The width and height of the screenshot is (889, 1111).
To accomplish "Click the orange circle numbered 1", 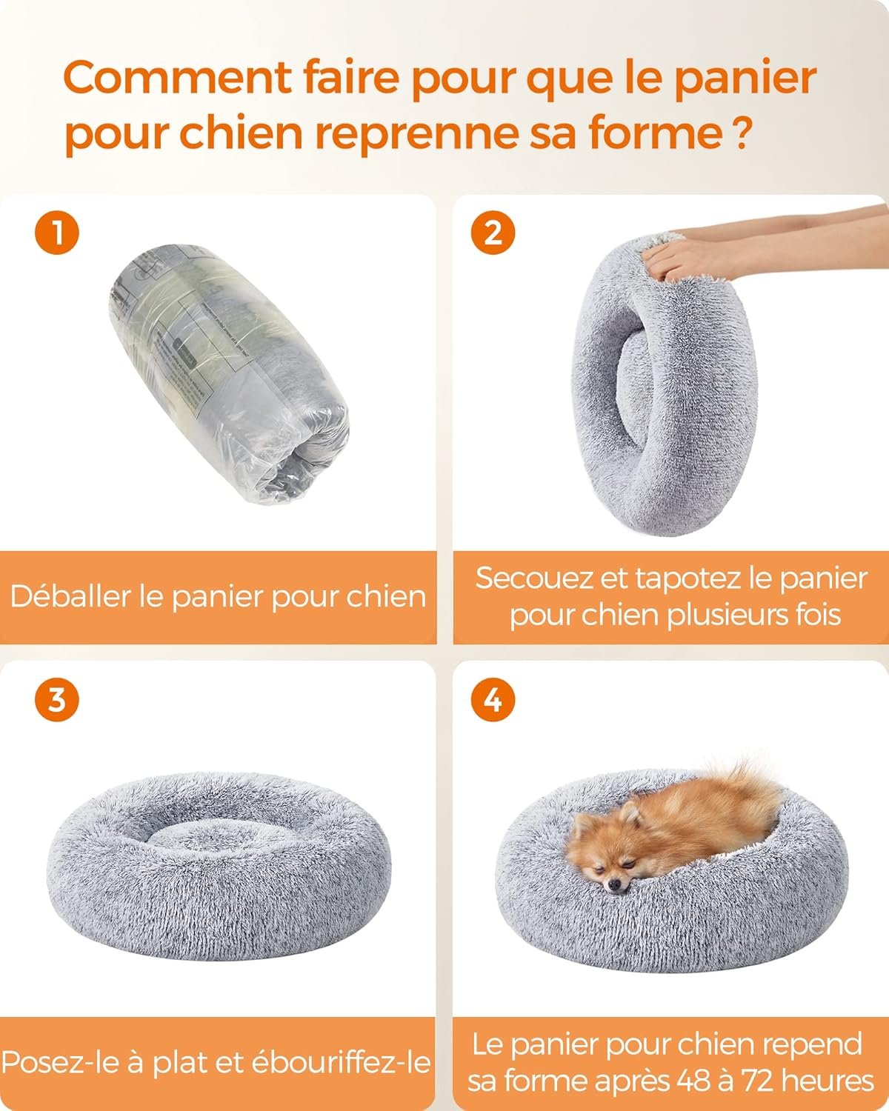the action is (x=57, y=233).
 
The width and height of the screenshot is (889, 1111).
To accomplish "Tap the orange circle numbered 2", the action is (x=493, y=233).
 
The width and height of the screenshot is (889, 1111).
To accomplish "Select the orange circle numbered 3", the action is (x=57, y=699).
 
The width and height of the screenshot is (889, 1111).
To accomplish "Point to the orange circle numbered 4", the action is (x=493, y=699).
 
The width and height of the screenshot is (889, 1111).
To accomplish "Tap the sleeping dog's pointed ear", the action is (x=629, y=812).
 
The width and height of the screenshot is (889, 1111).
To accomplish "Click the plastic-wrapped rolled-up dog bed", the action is (x=230, y=375).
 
